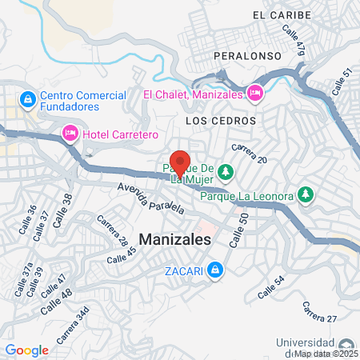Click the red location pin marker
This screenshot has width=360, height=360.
coord(180,162)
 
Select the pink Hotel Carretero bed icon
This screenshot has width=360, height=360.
coord(70,132)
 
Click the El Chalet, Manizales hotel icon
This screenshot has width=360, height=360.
coord(255,94)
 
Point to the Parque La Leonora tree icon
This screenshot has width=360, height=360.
coord(304,194)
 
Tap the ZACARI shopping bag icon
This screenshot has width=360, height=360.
coord(214,271)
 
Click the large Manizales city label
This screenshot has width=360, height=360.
coord(175,238)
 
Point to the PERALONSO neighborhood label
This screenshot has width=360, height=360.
coord(246,57)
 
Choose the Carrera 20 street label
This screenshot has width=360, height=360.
coord(248,153)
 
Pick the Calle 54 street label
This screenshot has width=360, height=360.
coord(270,289)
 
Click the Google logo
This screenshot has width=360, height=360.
coord(26,350)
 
